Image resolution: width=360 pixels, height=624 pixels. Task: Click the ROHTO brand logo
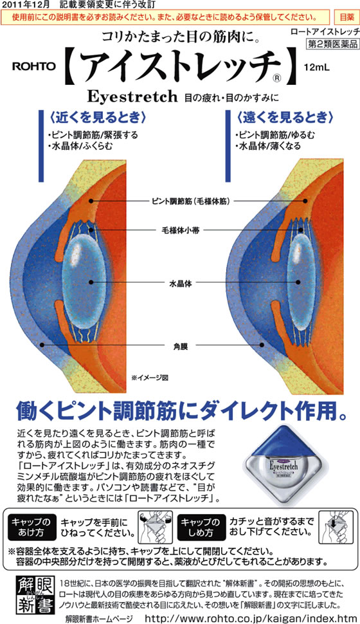(x=34, y=66)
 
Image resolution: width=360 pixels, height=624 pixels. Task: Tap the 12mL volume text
(x=317, y=68)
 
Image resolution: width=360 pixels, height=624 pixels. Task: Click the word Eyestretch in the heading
(x=132, y=96)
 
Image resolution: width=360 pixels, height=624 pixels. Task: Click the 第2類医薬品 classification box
(x=332, y=44)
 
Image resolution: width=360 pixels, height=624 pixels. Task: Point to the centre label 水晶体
(x=181, y=284)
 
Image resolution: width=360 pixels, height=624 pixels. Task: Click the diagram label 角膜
(x=181, y=347)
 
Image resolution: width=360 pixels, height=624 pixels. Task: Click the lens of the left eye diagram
(x=84, y=283)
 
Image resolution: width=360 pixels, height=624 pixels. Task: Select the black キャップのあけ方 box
(x=31, y=527)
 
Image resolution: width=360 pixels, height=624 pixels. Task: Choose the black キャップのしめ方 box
(x=201, y=527)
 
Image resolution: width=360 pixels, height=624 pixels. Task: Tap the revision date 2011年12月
(x=26, y=5)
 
